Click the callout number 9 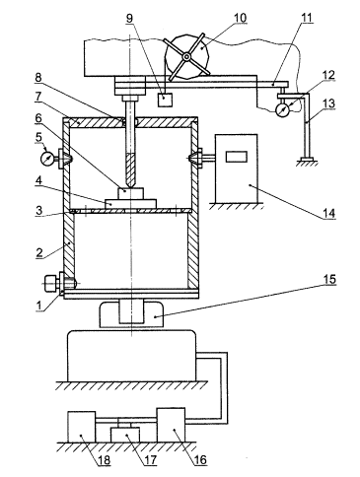130,18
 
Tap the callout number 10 240,18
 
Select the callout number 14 329,213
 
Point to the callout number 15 329,279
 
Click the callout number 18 105,460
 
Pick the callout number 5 39,137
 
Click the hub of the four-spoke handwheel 186,57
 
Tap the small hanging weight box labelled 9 165,100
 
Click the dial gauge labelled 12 282,109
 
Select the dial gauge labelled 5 47,159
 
